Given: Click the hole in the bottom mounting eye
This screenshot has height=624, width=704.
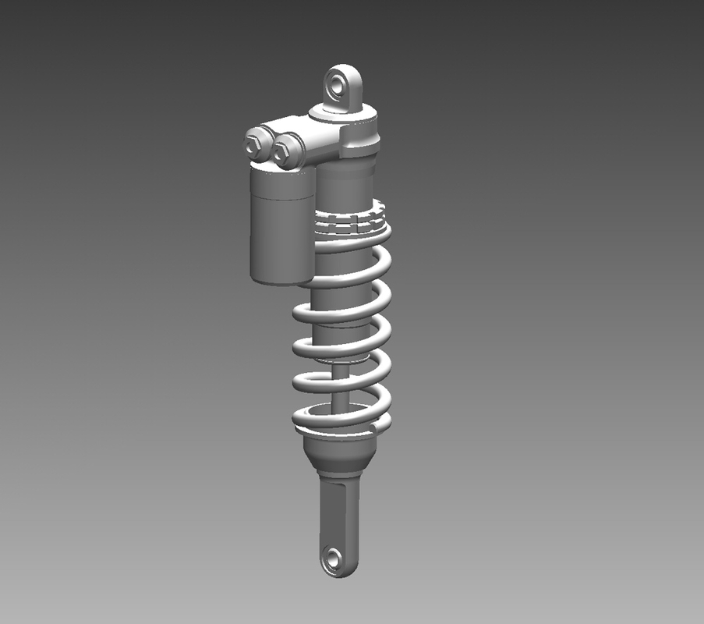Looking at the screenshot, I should (x=334, y=558).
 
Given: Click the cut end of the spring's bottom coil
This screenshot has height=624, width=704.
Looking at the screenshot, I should (x=381, y=426).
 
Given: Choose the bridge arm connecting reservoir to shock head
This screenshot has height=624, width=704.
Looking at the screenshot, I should (x=312, y=140).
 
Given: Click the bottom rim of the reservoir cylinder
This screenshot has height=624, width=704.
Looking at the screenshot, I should (x=279, y=278).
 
